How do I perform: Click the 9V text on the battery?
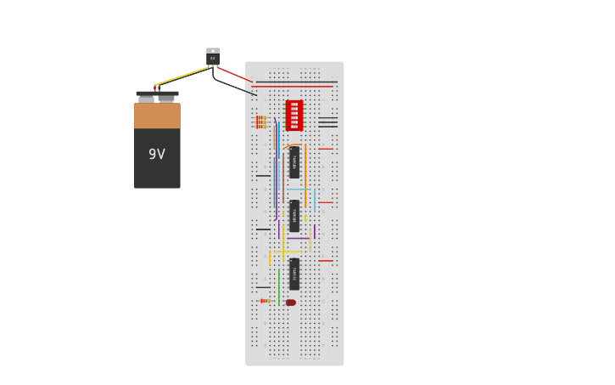(157, 155)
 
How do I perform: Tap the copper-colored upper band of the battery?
(157, 116)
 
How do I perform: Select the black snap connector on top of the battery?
(157, 93)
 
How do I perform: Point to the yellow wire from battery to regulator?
(182, 76)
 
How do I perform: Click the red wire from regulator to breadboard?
(235, 75)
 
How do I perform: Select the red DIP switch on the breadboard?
(294, 115)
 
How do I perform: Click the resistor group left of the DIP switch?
(260, 122)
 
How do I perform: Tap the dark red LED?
(291, 303)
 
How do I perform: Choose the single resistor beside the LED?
(266, 301)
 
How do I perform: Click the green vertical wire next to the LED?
(278, 287)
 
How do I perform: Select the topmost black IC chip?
(294, 161)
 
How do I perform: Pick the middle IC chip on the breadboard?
(294, 216)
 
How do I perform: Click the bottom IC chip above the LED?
(294, 274)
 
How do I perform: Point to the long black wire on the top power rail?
(297, 82)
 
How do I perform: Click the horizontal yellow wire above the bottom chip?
(287, 252)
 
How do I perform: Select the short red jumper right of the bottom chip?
(325, 261)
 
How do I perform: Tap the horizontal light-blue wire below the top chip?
(300, 189)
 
